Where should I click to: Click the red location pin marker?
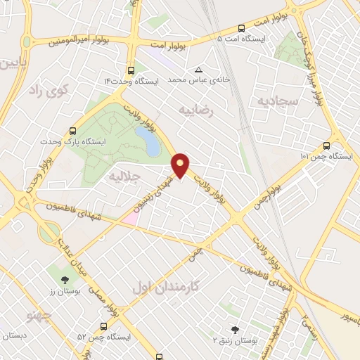pyautogui.click(x=181, y=165)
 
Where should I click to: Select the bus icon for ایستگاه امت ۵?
pyautogui.click(x=242, y=29)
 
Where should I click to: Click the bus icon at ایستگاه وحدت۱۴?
pyautogui.click(x=131, y=70)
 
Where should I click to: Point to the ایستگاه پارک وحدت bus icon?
pyautogui.click(x=73, y=131)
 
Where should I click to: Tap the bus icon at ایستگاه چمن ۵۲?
pyautogui.click(x=103, y=326)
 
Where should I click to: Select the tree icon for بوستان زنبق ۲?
pyautogui.click(x=234, y=328)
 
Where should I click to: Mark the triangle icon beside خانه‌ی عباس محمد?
pyautogui.click(x=199, y=70)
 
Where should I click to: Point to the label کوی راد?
pyautogui.click(x=46, y=89)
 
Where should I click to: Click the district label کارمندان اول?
pyautogui.click(x=165, y=287)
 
